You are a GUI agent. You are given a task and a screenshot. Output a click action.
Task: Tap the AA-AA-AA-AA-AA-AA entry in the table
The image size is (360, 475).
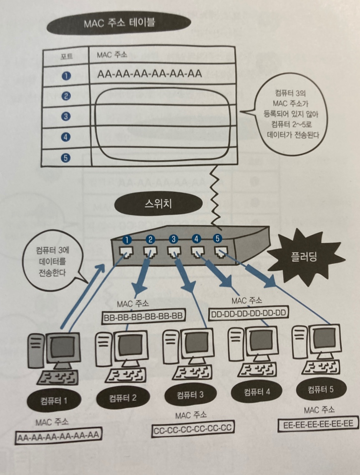[x=149, y=74]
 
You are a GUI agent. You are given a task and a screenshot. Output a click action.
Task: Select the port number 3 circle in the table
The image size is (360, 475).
[x=65, y=116]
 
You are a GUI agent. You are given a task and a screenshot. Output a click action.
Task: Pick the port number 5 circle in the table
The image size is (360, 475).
[x=66, y=157]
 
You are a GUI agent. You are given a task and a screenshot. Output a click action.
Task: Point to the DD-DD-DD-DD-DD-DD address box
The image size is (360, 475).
[x=248, y=312]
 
